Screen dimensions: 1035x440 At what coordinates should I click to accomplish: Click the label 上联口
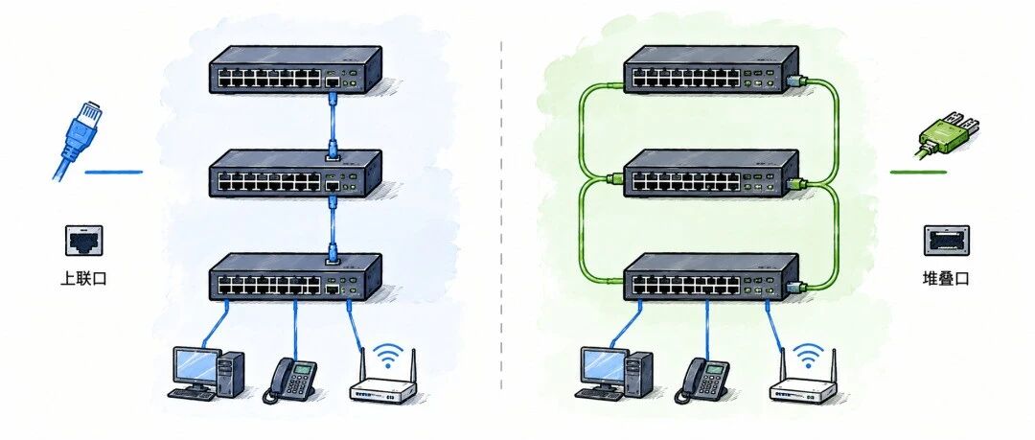click(x=83, y=279)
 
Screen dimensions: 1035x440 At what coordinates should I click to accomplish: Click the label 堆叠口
click(x=945, y=279)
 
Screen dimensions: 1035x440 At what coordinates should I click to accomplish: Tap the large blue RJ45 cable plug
click(x=77, y=138)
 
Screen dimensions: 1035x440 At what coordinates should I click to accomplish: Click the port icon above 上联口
click(x=83, y=241)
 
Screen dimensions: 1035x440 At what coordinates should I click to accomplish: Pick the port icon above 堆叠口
click(x=946, y=241)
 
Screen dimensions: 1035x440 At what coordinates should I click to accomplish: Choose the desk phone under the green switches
click(x=701, y=380)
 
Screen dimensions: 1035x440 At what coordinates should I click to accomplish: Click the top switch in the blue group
click(x=296, y=68)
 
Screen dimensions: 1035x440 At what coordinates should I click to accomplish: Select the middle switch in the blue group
click(x=296, y=174)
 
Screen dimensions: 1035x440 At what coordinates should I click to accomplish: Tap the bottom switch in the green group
click(x=711, y=276)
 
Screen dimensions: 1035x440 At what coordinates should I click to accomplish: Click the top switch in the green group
click(x=711, y=68)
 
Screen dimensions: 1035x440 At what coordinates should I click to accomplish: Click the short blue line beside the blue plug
click(x=113, y=173)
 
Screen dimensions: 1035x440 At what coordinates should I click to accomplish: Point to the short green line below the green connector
click(x=918, y=173)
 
